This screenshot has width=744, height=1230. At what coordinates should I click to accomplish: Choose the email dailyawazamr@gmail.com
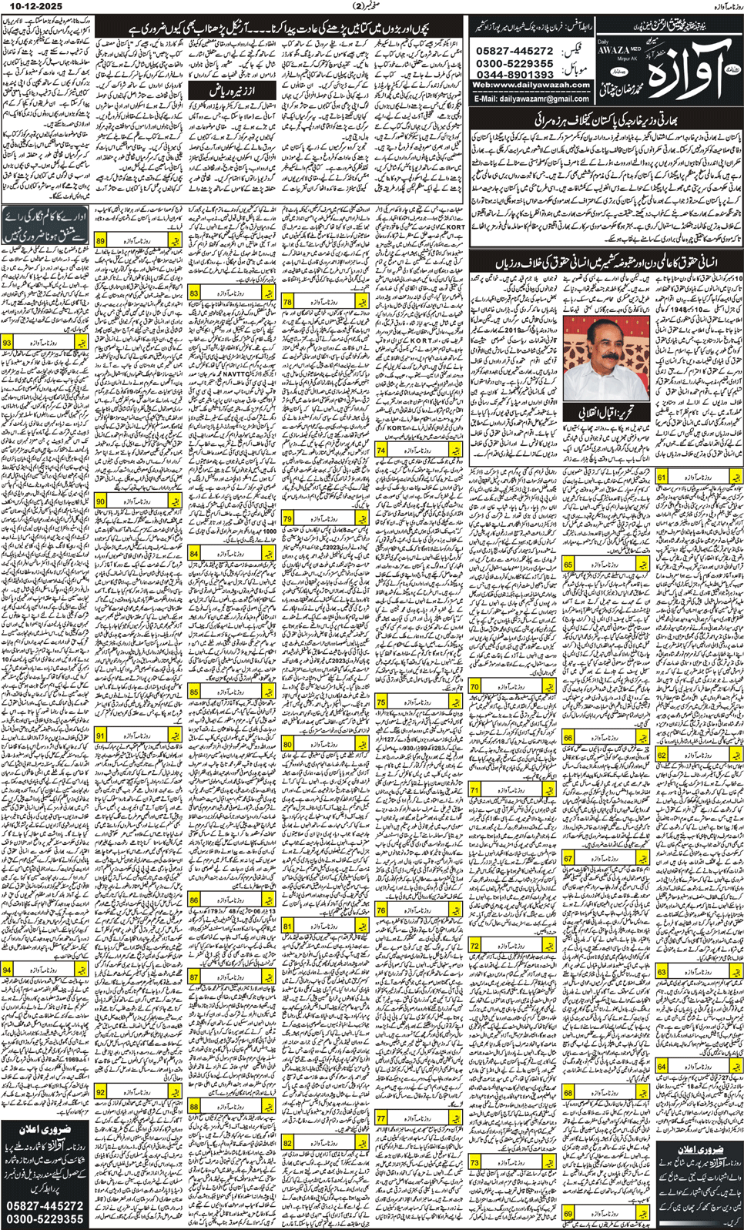coord(531,99)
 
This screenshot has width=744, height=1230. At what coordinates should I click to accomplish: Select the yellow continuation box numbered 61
coord(697,477)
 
